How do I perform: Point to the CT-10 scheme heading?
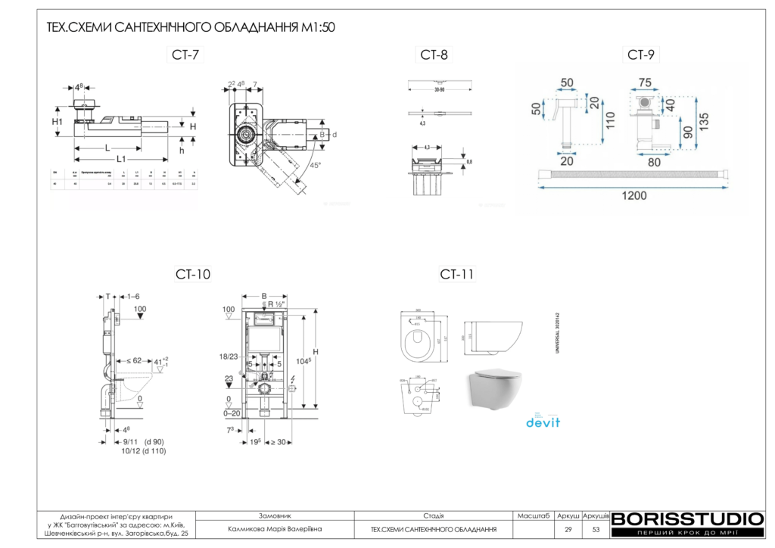[x=194, y=274]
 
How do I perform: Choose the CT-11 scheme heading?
[x=456, y=274]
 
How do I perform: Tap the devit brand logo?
[x=543, y=421]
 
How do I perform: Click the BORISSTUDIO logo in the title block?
[x=686, y=519]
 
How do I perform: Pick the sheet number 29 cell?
[x=568, y=529]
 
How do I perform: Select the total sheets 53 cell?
[x=596, y=529]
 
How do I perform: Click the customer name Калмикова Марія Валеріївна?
[x=275, y=529]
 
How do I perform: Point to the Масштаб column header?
[x=533, y=515]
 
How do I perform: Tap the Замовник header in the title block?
[x=275, y=515]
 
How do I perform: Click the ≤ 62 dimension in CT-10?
[x=135, y=361]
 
